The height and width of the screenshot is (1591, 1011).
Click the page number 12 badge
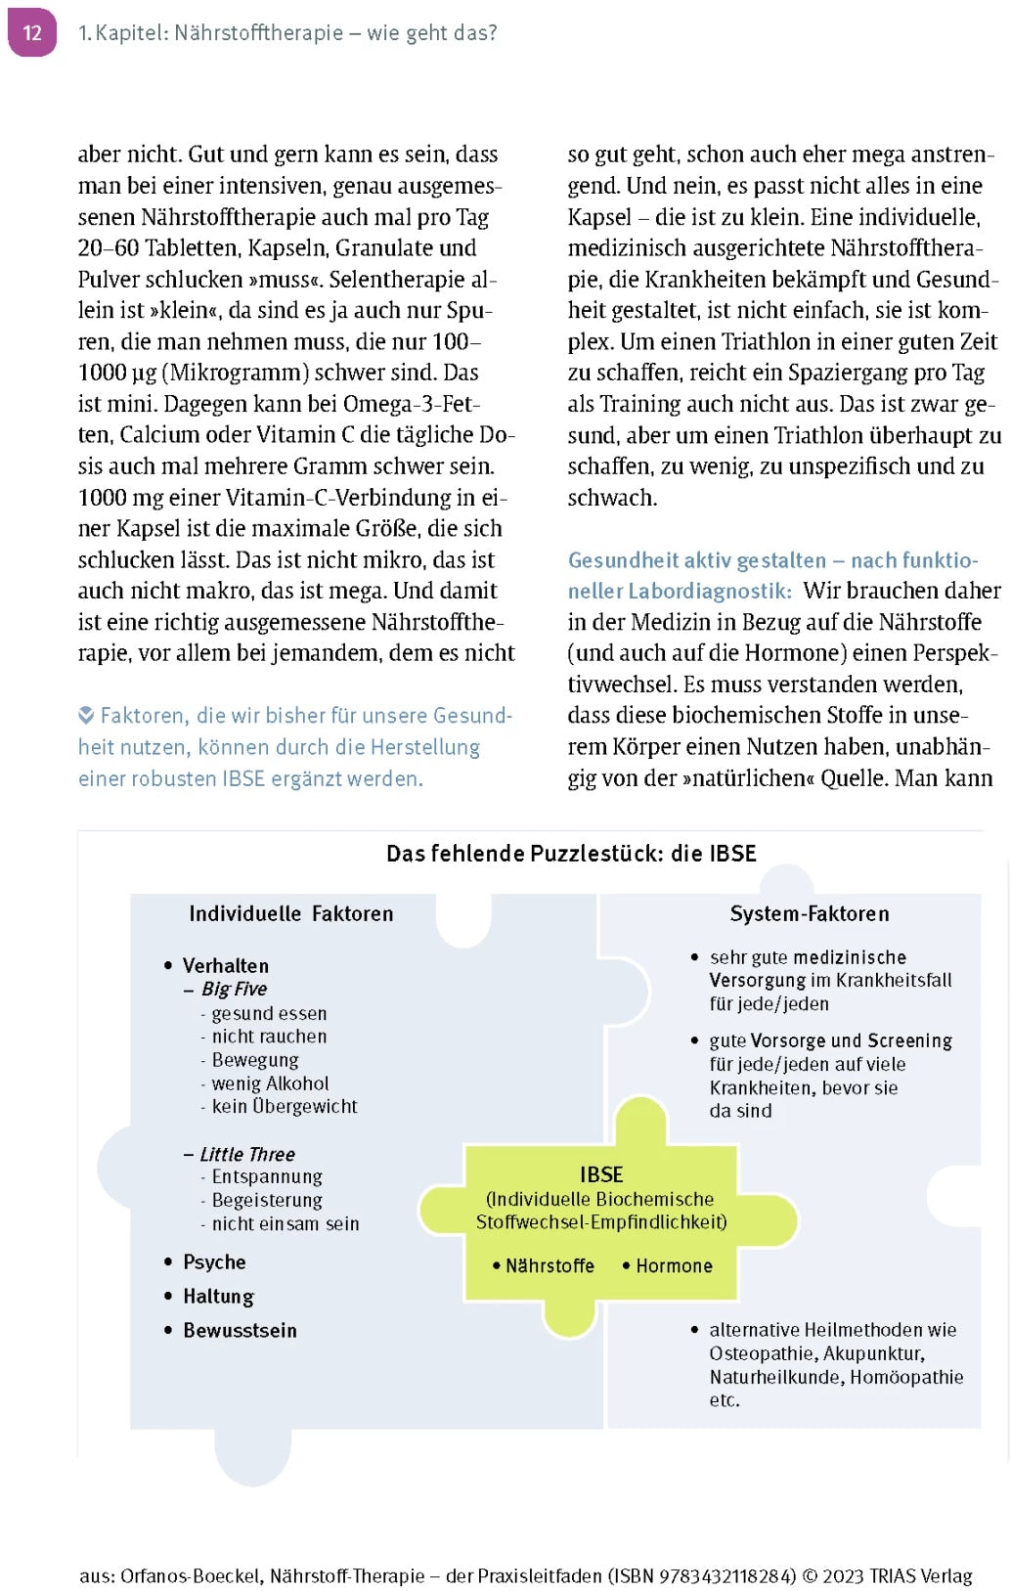[x=32, y=32]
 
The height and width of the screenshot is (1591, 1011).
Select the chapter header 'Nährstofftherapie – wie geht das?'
[x=335, y=33]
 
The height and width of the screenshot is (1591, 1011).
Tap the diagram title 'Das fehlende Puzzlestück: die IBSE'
[x=571, y=854]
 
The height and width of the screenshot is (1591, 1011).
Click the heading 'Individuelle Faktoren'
[x=290, y=914]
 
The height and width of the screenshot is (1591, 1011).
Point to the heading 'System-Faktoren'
[x=809, y=914]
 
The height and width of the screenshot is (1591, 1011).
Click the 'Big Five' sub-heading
[x=234, y=990]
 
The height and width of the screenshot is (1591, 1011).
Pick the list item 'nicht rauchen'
[x=269, y=1037]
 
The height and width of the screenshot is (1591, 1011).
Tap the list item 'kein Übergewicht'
[x=284, y=1107]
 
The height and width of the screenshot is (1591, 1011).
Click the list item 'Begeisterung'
[x=266, y=1201]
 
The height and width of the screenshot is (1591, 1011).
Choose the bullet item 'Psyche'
[x=214, y=1262]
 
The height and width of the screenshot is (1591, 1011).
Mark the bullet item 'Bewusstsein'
[x=240, y=1331]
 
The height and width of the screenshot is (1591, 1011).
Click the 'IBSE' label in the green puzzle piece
[x=600, y=1175]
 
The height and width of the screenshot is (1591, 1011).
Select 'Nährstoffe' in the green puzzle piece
[x=549, y=1266]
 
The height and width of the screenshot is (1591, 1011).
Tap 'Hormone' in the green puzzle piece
[x=674, y=1266]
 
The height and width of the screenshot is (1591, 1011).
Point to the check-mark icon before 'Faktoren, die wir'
[x=86, y=716]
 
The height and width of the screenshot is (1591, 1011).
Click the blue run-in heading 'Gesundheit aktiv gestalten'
[x=696, y=560]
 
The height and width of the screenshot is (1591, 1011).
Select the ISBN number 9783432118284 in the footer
[x=727, y=1576]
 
